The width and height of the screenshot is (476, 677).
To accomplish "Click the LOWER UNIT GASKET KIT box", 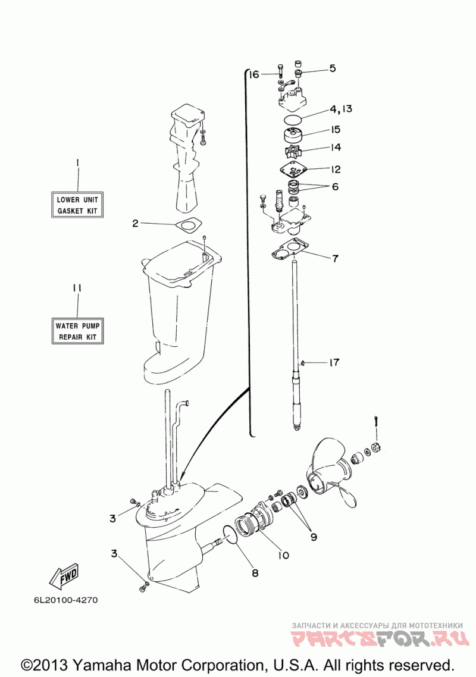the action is [x=77, y=205].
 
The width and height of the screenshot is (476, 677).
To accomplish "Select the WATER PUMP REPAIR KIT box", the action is [x=77, y=331].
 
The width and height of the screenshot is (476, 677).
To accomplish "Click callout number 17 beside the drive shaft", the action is [x=334, y=362].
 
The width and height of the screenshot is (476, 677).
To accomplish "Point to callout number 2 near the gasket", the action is [x=135, y=223].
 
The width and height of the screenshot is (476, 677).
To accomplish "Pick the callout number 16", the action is [x=254, y=75].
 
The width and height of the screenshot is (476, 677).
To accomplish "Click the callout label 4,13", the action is [x=342, y=109].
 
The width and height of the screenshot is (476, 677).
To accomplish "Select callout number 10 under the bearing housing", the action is [x=283, y=555].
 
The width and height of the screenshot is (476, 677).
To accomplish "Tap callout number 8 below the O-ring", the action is [x=255, y=573].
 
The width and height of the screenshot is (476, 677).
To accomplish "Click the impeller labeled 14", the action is [x=293, y=152].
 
